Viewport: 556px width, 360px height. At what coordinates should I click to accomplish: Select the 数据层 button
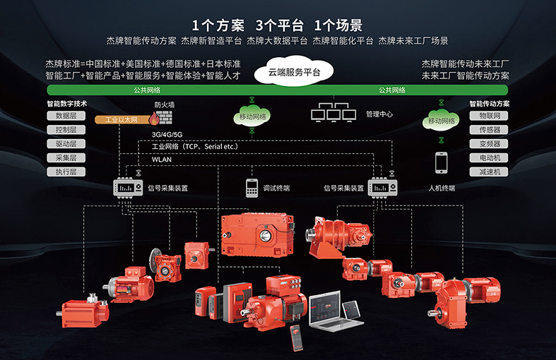click(x=66, y=116)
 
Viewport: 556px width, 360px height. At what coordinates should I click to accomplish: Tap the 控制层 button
click(x=66, y=130)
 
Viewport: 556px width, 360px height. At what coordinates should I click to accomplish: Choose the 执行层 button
click(x=66, y=172)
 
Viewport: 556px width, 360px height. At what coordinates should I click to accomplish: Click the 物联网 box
click(x=489, y=116)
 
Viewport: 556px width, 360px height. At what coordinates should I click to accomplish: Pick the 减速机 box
click(x=489, y=172)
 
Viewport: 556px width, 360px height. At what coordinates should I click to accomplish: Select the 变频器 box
click(x=489, y=143)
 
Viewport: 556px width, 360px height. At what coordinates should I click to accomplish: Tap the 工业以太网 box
click(x=119, y=120)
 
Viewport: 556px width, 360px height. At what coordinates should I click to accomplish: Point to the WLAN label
click(x=161, y=160)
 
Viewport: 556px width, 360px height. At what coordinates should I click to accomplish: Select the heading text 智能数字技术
click(x=66, y=103)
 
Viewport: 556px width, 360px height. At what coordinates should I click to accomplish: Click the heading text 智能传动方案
click(x=489, y=103)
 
